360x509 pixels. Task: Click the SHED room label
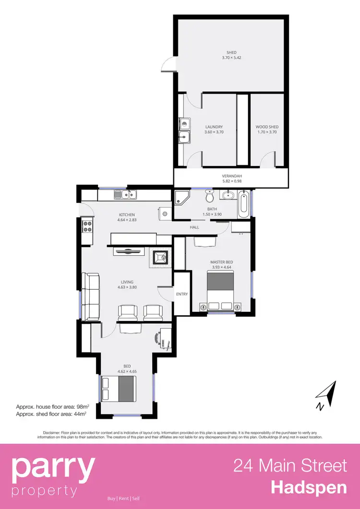pyautogui.click(x=231, y=53)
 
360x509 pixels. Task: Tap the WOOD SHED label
pyautogui.click(x=267, y=127)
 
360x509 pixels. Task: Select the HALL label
pyautogui.click(x=194, y=227)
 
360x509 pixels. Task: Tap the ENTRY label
pyautogui.click(x=181, y=294)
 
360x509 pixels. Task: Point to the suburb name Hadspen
pyautogui.click(x=309, y=487)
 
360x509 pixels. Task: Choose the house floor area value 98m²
pyautogui.click(x=79, y=406)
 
